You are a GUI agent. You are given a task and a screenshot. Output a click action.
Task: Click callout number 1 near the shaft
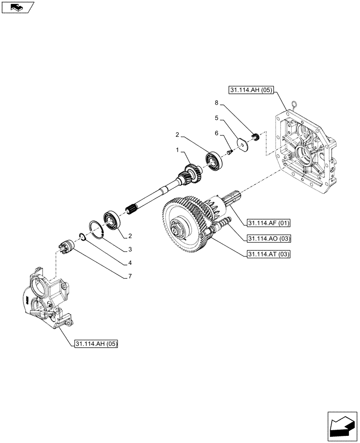click(x=178, y=151)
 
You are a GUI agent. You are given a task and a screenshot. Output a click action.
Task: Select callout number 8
click(x=216, y=103)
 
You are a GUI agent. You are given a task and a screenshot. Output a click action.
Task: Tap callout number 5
click(x=216, y=118)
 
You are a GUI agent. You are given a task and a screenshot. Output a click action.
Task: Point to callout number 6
click(x=216, y=133)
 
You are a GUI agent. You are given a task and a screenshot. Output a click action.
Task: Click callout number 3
click(x=130, y=249)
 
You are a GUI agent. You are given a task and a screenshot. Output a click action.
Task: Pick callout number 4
click(x=130, y=263)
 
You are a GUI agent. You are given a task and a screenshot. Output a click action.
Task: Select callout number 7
click(x=130, y=277)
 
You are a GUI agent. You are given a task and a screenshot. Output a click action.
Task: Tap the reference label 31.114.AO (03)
click(x=269, y=238)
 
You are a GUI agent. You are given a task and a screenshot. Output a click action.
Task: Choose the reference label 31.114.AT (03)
click(x=269, y=254)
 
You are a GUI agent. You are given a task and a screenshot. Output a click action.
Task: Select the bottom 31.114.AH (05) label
click(x=96, y=344)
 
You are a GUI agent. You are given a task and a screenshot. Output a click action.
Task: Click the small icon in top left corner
click(x=17, y=7)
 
